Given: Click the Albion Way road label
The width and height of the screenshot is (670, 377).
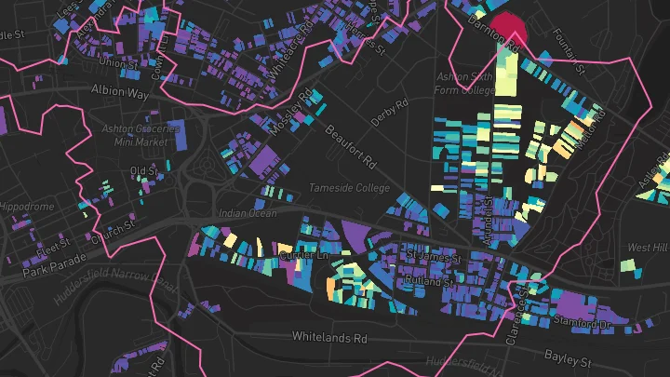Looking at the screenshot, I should [119, 90].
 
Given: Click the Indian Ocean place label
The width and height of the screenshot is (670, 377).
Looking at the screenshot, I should [248, 213].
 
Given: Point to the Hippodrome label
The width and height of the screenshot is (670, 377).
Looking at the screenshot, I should [28, 207].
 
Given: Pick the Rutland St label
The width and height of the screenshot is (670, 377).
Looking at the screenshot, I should [428, 279].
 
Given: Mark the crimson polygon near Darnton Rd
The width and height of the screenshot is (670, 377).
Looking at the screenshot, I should [508, 28].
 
